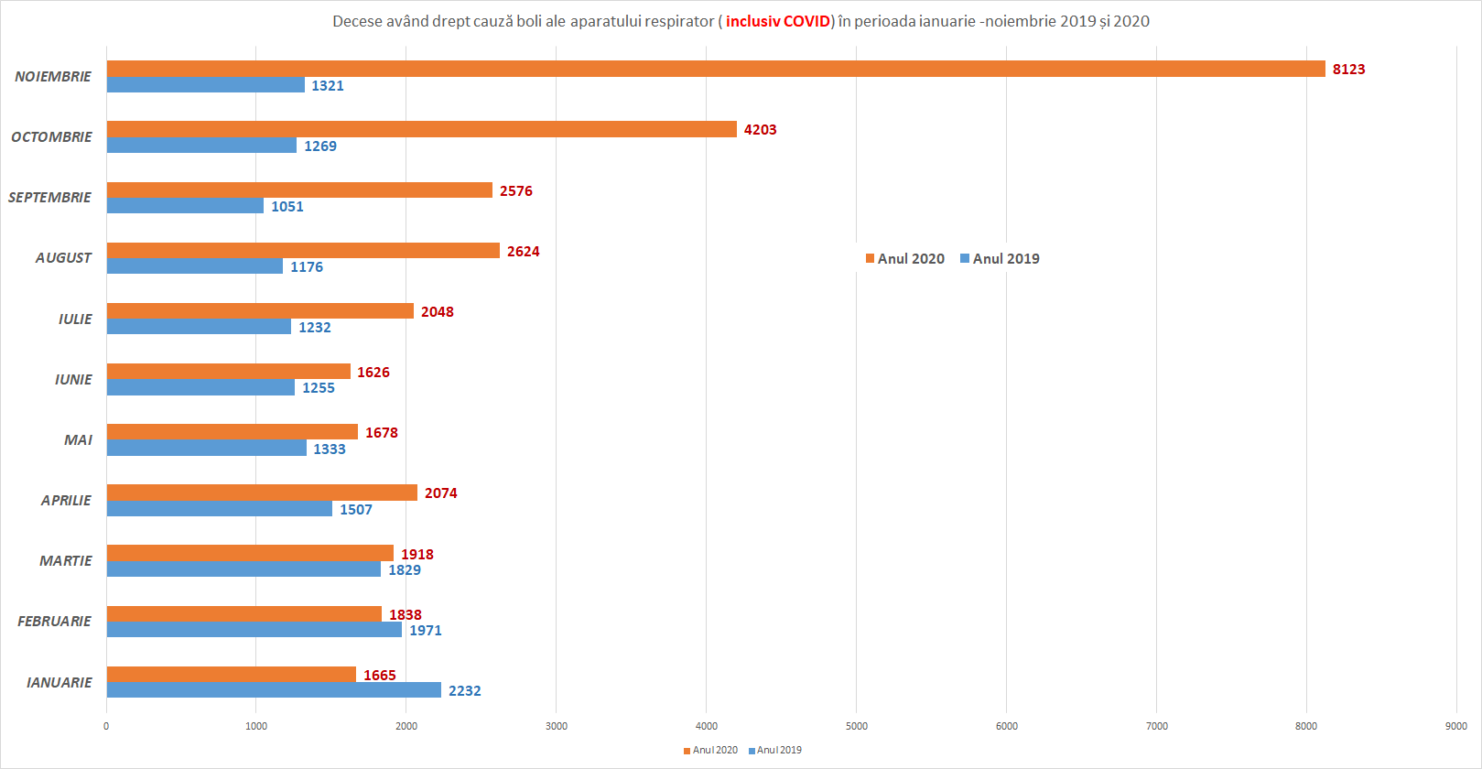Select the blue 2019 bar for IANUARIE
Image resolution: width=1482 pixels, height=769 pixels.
click(x=274, y=690)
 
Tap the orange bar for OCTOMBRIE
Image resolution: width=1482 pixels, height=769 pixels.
click(x=421, y=129)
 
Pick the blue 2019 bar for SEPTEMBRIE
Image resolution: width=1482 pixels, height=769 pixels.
click(x=185, y=206)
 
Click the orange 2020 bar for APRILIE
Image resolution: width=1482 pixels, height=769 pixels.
click(x=262, y=493)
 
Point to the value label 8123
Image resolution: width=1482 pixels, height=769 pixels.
click(x=1348, y=70)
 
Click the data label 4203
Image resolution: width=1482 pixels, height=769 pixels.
click(x=760, y=130)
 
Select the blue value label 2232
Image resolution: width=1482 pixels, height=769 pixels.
click(x=464, y=691)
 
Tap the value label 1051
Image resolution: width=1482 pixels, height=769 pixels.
click(x=287, y=207)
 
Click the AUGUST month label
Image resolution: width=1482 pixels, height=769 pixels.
click(x=63, y=258)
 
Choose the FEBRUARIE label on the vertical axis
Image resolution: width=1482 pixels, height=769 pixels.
click(x=54, y=622)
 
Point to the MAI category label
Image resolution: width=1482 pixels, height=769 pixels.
click(x=78, y=440)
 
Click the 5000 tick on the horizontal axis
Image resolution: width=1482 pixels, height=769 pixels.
click(x=856, y=726)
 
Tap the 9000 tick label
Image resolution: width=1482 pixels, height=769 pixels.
click(x=1455, y=726)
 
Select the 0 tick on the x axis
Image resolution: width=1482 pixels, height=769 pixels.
click(x=106, y=726)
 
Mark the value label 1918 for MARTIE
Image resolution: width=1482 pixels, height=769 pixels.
click(x=416, y=555)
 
